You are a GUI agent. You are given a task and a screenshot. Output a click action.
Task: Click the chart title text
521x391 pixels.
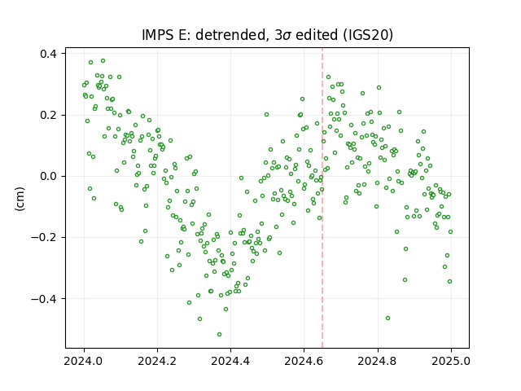[268, 35]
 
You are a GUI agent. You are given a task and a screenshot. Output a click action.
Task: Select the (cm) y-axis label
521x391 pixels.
[20, 199]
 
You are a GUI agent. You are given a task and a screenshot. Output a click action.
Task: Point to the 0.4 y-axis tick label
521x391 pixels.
[48, 54]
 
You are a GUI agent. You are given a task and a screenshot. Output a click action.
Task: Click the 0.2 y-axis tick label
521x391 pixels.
[48, 115]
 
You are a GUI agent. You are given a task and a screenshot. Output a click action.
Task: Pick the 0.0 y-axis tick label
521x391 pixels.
[48, 176]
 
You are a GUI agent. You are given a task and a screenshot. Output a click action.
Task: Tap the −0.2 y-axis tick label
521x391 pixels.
[44, 237]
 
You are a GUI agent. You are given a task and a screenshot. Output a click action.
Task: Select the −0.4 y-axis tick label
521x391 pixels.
[44, 299]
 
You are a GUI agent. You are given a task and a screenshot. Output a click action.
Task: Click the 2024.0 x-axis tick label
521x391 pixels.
[84, 361]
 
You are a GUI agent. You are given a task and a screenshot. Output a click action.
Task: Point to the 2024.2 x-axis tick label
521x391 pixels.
[157, 361]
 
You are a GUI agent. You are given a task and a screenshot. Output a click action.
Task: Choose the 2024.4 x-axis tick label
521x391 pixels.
[230, 361]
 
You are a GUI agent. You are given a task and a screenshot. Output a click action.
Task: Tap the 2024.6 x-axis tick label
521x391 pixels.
[304, 361]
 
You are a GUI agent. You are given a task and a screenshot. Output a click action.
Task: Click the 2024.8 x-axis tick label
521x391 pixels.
[378, 361]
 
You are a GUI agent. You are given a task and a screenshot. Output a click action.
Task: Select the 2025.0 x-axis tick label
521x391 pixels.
[451, 361]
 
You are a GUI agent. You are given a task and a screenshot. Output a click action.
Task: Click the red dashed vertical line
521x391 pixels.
[322, 198]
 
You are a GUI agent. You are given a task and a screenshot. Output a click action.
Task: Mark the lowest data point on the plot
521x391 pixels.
[219, 334]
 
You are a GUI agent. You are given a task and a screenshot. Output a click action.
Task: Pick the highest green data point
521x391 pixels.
[103, 61]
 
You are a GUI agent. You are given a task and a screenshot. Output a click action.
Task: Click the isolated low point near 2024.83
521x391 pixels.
[387, 319]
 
